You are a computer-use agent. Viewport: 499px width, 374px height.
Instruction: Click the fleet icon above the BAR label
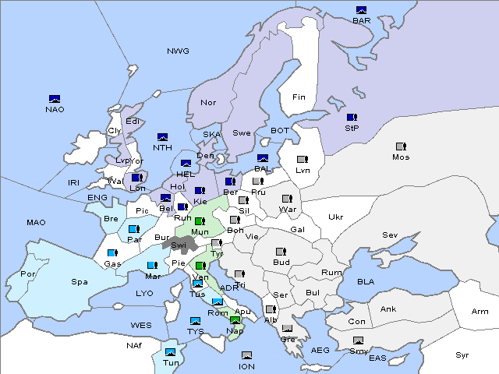coord(361,10)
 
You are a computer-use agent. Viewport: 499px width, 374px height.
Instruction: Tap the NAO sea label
coord(55,109)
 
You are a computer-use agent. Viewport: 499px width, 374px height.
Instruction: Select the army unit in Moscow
coord(401,146)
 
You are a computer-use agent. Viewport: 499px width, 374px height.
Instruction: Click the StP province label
coord(351,128)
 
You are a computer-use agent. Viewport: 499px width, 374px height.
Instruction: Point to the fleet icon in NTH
coord(163,137)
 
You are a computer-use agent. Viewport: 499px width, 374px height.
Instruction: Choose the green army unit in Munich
coord(200,221)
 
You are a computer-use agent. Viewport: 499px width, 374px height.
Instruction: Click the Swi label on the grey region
coord(179,245)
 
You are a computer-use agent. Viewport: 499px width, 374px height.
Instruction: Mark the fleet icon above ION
coord(246,355)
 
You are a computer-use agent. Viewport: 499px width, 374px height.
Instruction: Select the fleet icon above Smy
coord(358,340)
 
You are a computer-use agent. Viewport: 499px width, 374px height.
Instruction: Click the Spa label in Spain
coord(80,281)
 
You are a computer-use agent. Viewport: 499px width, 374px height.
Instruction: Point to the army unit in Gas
coord(112,253)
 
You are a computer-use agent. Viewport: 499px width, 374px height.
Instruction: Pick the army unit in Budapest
coord(281,252)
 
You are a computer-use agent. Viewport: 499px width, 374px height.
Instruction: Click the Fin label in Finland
coord(299,97)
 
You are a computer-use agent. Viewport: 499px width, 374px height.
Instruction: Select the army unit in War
coord(287,199)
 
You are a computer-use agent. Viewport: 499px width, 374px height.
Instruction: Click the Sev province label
coord(390,235)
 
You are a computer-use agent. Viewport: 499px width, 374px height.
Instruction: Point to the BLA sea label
coord(366,281)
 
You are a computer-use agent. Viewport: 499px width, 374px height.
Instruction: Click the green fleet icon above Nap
coord(235,319)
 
